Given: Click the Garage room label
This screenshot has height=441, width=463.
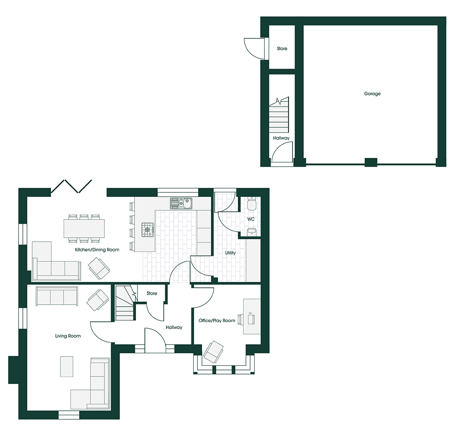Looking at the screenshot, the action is (x=372, y=94).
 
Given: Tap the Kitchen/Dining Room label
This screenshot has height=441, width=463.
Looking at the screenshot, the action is (x=97, y=250).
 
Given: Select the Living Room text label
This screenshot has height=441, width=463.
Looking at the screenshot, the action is (x=68, y=336).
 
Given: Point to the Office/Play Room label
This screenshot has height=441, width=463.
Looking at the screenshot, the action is (x=217, y=321).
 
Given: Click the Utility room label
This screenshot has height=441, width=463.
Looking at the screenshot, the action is (x=230, y=253).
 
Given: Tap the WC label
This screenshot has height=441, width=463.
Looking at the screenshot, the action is (x=251, y=219).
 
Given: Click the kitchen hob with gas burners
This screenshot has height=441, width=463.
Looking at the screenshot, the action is (x=148, y=229).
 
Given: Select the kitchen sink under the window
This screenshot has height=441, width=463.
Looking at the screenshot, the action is (x=181, y=203).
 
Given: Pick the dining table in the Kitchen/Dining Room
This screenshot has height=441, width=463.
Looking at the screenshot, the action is (x=84, y=229).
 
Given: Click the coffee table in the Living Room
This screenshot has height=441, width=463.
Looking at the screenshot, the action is (x=67, y=367).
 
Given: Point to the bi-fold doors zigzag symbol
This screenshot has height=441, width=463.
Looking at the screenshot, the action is (x=71, y=186).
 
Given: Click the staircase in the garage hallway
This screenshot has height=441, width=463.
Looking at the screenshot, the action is (x=279, y=115).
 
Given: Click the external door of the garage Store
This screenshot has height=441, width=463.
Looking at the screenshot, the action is (x=255, y=49).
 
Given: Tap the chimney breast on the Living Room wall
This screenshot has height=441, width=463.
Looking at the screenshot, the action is (x=13, y=370).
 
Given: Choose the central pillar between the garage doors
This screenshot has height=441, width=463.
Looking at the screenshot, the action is (x=371, y=162).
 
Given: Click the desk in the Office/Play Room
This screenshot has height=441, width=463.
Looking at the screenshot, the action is (x=252, y=316).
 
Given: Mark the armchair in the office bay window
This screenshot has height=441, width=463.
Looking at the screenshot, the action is (x=213, y=352).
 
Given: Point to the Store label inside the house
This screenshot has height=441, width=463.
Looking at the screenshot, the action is (x=152, y=294).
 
